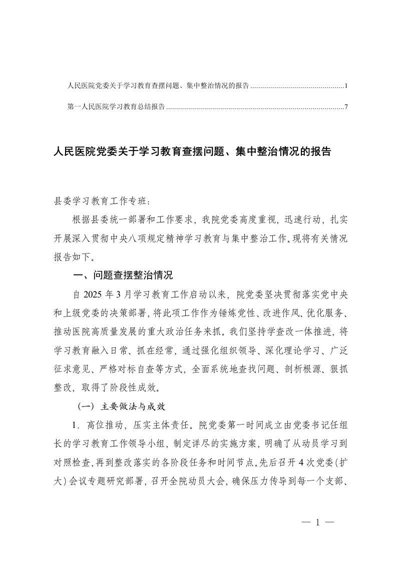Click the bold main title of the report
[x=192, y=152]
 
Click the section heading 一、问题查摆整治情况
[x=123, y=275]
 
